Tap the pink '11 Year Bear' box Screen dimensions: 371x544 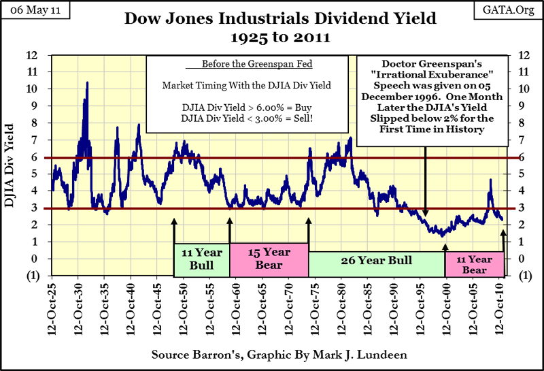474,264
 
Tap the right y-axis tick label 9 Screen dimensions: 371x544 521,106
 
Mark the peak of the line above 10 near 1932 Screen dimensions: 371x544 87,82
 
